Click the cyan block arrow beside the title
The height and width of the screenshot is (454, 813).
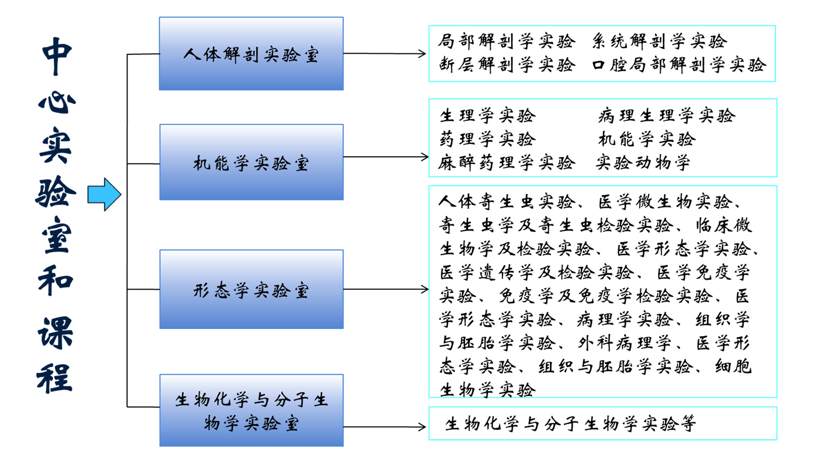tap(104, 195)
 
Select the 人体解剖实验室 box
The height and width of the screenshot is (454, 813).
tap(251, 53)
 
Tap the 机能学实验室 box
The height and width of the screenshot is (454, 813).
tap(251, 162)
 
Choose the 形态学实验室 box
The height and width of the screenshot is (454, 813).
tap(251, 289)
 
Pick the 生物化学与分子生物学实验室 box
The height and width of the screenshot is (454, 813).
tap(251, 411)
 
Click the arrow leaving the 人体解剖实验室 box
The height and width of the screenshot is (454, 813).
tap(385, 54)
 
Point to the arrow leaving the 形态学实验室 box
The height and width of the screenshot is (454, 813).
tap(386, 289)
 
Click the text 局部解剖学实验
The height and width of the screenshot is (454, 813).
tap(506, 41)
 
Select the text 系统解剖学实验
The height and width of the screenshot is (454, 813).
tap(660, 41)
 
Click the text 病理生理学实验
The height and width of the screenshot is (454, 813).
tap(667, 116)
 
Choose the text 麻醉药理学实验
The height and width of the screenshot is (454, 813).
tap(506, 163)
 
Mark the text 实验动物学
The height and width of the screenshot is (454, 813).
tap(643, 163)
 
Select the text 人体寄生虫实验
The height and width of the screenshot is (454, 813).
tap(506, 202)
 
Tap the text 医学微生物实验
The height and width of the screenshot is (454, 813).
tap(665, 202)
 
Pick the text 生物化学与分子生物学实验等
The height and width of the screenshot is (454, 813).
tap(571, 424)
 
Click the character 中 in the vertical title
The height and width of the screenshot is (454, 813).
tap(57, 56)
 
